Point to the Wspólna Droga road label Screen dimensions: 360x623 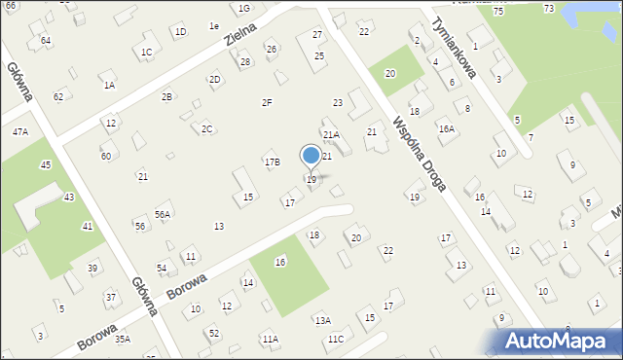coord(420,153)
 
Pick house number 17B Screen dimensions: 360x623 coord(272,162)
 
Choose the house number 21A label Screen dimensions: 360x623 coord(331,134)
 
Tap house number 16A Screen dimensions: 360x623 coord(446,128)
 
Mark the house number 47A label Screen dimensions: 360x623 coord(19,131)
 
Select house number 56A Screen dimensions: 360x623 coord(163,214)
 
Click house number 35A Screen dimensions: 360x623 coord(122,339)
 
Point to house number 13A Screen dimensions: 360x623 coord(322,320)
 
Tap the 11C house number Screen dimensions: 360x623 coord(335,339)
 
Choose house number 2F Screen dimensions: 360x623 coord(266,102)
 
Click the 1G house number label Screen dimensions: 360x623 coord(244,8)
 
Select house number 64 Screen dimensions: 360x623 coord(46,40)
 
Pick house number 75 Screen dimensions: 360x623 coord(497,10)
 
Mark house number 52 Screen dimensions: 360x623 coord(212,333)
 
